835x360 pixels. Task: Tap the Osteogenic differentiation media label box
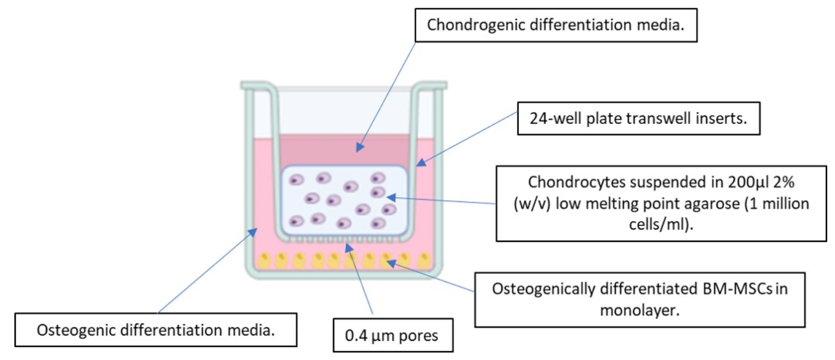point(156,329)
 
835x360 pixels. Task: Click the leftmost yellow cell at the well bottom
point(264,261)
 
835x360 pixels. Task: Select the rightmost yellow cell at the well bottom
point(423,261)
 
